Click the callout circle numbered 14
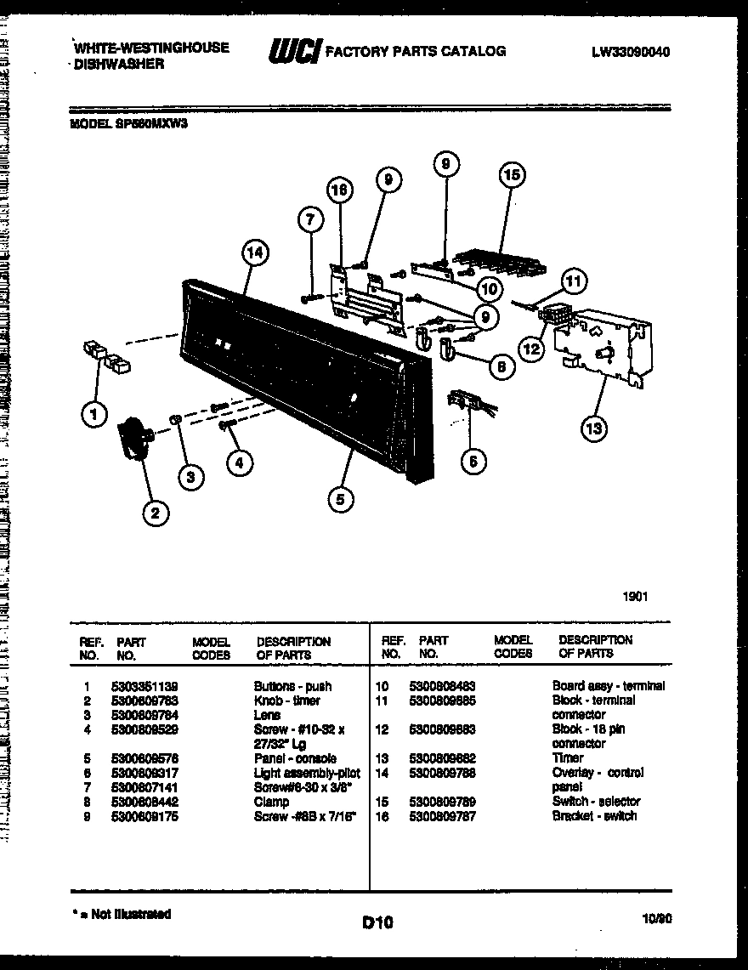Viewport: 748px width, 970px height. tap(255, 252)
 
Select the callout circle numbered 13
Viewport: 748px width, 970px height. tap(594, 428)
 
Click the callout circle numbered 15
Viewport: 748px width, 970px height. tap(511, 176)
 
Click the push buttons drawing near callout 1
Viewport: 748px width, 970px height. tap(108, 358)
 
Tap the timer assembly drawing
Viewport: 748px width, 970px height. tap(602, 347)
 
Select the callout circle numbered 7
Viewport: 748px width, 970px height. tap(311, 220)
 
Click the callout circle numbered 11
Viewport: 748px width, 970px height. tap(575, 281)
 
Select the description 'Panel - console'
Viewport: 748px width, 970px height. tap(295, 758)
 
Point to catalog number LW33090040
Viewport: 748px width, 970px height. tap(632, 52)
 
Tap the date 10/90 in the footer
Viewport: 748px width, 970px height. tap(657, 918)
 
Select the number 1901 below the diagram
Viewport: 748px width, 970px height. tap(634, 597)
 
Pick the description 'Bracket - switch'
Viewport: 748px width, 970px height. tap(594, 816)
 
